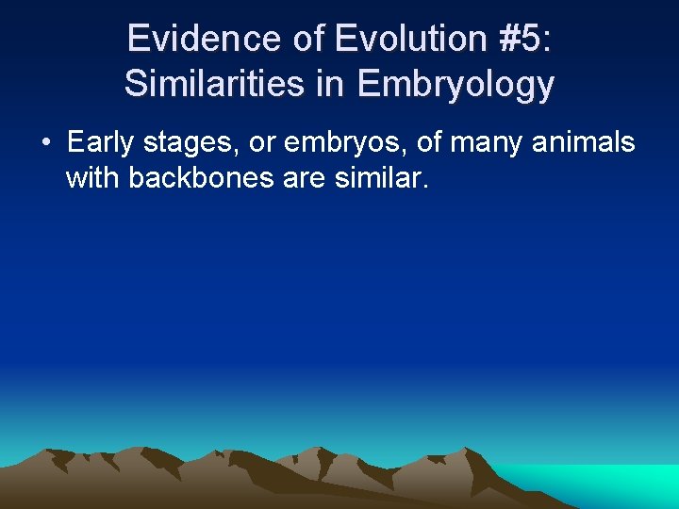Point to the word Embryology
coord(455,85)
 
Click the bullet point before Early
coord(46,143)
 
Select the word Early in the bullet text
coord(98,143)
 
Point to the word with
coord(92,176)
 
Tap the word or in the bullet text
coord(265,144)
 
